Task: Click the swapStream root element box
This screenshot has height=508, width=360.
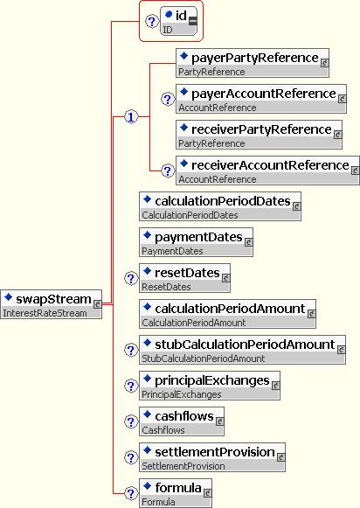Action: pos(52,304)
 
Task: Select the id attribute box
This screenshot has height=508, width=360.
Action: pos(179,21)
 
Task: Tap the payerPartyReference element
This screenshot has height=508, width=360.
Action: pos(253,63)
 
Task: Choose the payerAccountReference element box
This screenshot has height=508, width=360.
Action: pos(261,99)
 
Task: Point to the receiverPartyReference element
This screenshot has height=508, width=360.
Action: pos(259,135)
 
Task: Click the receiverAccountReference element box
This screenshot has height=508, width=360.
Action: pos(267,170)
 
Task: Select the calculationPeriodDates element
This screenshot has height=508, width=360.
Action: pos(220,206)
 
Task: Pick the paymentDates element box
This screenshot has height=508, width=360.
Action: pos(197,242)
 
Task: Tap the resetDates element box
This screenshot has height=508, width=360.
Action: pos(185,278)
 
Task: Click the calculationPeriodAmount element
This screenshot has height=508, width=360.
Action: pos(227,314)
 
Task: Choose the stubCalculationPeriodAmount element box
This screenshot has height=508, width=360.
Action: pos(243,350)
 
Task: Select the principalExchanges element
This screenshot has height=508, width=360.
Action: pos(210,386)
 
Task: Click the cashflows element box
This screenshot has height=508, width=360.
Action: pos(182,421)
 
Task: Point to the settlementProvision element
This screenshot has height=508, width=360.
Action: pos(212,457)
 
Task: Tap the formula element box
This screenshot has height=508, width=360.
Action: pos(176,493)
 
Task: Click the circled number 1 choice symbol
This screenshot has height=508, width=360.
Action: pos(131,116)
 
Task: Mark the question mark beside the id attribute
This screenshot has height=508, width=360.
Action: pos(152,21)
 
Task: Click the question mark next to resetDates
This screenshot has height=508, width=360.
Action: pos(131,278)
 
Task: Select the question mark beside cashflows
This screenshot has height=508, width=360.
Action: pos(131,421)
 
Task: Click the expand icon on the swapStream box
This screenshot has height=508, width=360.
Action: pos(97,304)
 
